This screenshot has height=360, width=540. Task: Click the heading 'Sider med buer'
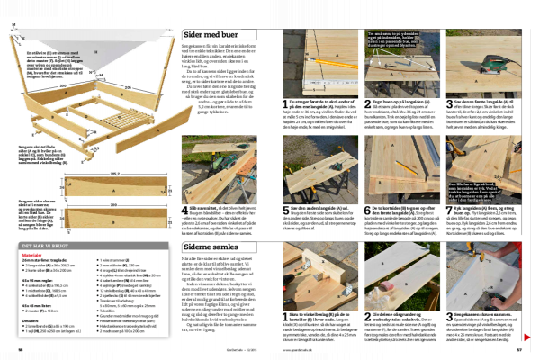(201, 33)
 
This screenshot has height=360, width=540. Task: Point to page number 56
(21, 351)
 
